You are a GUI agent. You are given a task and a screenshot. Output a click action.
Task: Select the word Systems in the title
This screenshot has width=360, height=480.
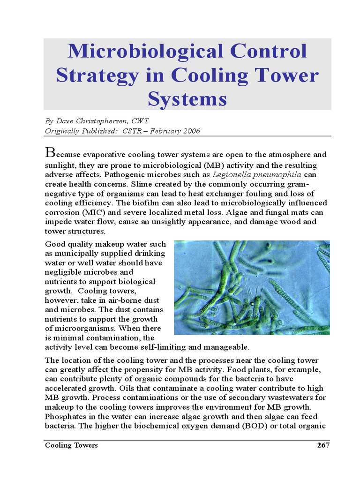pos(187,99)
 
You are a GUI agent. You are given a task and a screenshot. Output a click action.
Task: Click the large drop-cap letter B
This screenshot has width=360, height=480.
pos(50,152)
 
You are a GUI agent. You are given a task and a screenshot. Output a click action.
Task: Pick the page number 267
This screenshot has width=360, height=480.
pos(323,445)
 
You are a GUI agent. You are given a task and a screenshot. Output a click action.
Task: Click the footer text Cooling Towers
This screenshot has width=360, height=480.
pos(71,445)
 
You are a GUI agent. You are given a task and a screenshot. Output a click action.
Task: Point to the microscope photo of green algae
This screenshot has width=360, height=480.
pos(252,287)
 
